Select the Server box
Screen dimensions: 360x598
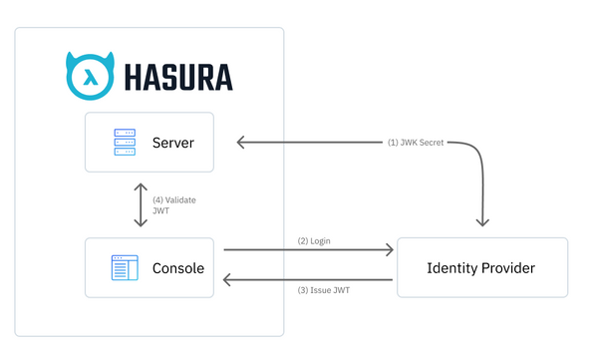(149, 143)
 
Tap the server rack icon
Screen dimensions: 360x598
(125, 143)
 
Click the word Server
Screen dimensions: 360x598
(172, 144)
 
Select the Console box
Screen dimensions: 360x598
(149, 267)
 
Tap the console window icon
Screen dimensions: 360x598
(125, 267)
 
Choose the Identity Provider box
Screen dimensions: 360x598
(481, 267)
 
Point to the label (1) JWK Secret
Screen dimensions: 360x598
(416, 143)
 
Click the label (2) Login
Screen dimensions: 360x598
(316, 241)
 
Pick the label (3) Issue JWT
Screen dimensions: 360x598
(324, 290)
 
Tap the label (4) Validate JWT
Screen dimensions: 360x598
(173, 205)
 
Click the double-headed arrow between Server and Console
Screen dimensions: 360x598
(141, 205)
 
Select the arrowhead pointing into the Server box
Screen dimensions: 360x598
(241, 143)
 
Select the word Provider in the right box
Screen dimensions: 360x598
(508, 268)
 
